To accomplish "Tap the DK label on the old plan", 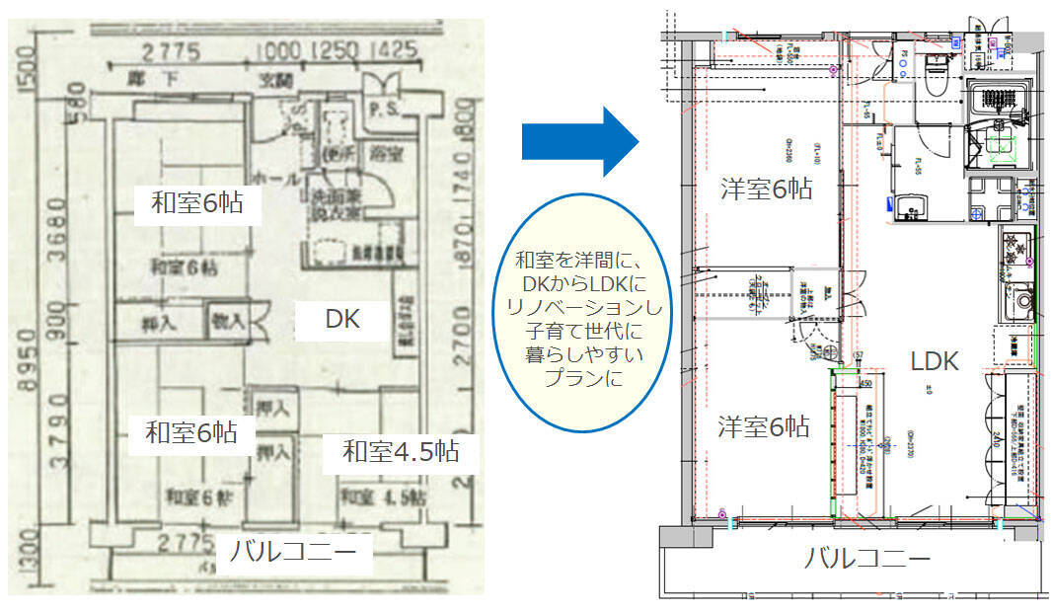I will coord(342,319).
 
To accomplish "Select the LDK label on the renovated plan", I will coord(934,361).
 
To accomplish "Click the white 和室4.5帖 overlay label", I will coord(400,452).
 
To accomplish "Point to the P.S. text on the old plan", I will coord(382,109).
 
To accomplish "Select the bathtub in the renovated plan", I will coord(999,101).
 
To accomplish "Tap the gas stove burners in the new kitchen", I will coord(1016,247).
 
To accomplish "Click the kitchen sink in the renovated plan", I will coord(1022,299).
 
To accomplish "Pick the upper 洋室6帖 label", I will coord(765,190).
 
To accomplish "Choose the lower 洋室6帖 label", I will coord(763,427).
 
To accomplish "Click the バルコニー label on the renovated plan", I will coord(866,559).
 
